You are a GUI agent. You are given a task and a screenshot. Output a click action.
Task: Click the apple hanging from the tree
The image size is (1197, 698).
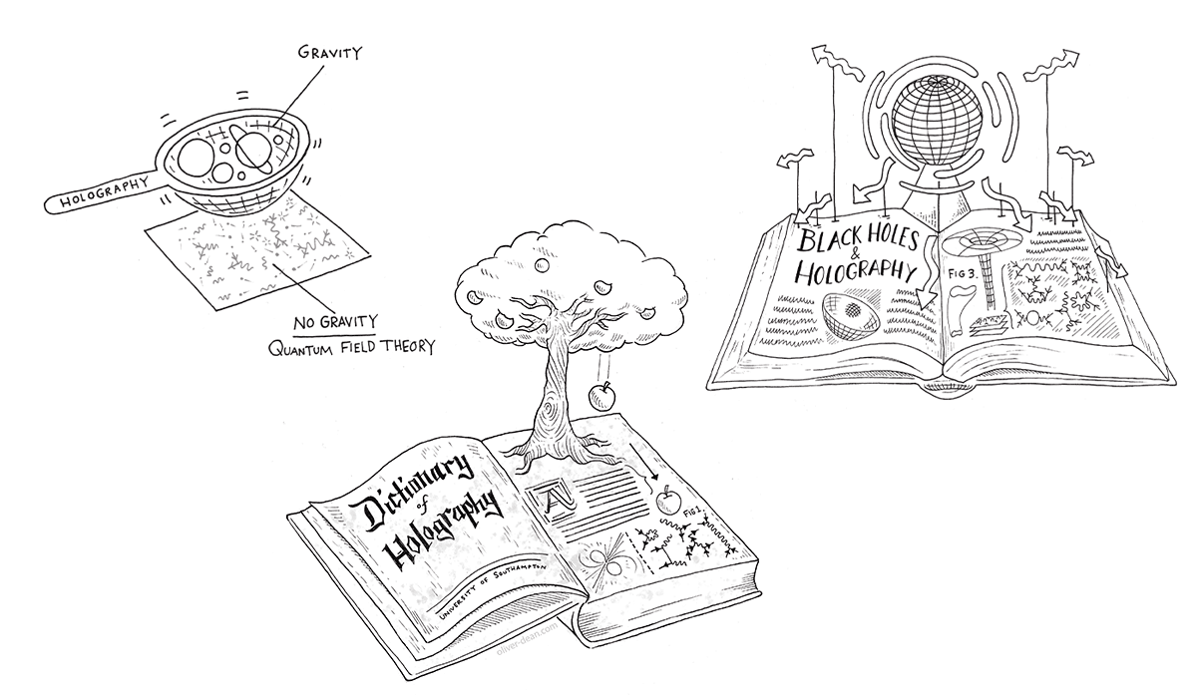tap(602, 399)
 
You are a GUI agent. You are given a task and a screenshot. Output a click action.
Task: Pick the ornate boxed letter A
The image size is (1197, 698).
tap(552, 496)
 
